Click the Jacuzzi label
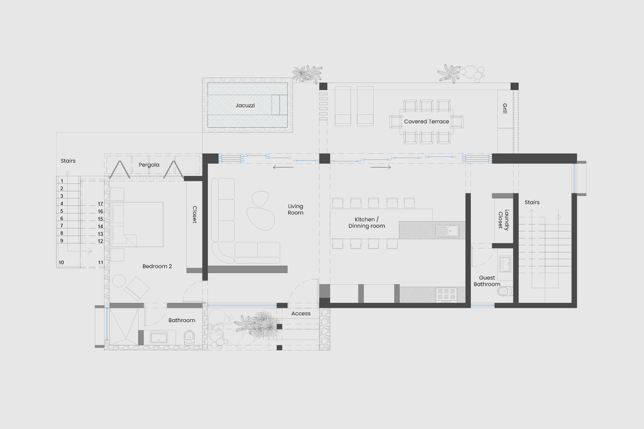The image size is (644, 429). click(245, 105)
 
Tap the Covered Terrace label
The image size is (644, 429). click(426, 122)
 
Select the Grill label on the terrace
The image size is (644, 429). click(505, 108)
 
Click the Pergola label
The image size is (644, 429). click(149, 165)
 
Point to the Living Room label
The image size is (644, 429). click(296, 209)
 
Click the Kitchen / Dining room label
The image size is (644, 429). click(367, 223)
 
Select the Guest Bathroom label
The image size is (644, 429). click(487, 281)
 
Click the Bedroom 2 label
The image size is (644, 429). click(157, 266)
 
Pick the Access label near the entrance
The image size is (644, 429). click(301, 314)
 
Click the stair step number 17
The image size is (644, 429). click(101, 204)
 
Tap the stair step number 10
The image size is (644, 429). click(61, 262)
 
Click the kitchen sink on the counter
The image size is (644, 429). click(447, 231)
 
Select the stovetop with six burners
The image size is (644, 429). click(446, 294)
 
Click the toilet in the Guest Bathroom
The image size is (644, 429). click(504, 291)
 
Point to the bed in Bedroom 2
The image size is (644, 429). click(137, 225)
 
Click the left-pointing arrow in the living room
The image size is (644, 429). click(283, 167)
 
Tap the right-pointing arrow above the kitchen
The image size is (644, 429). click(381, 167)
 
